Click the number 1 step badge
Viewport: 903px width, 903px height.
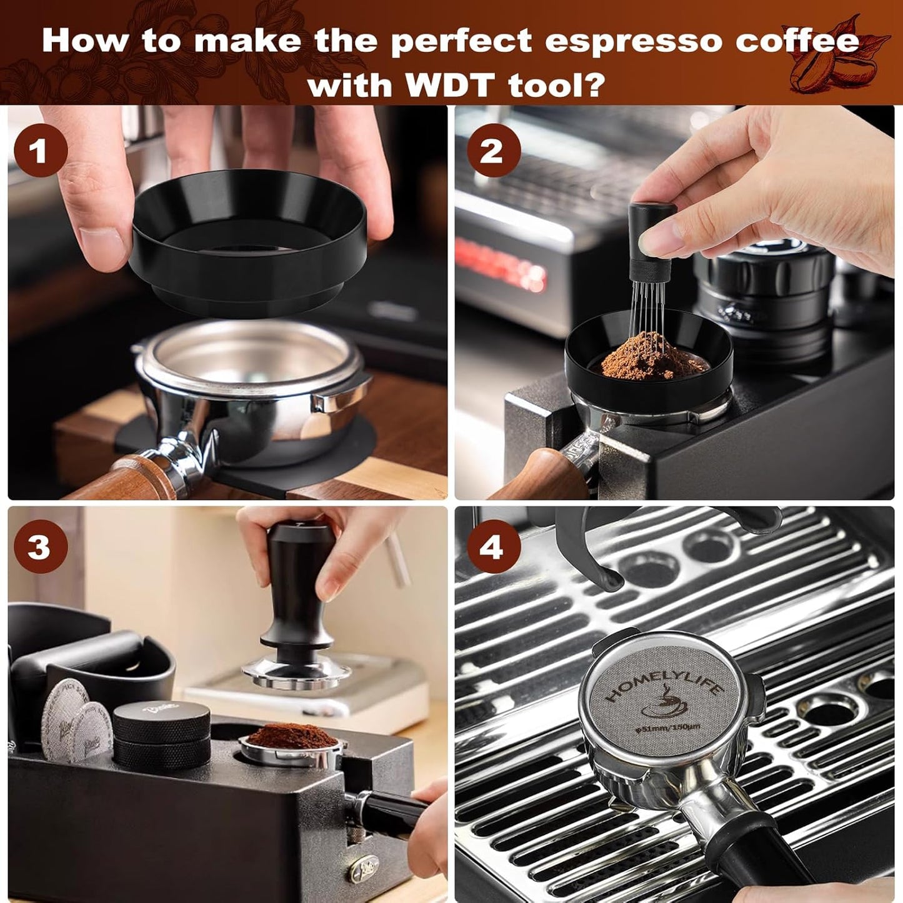point(41,151)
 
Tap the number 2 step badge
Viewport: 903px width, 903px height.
point(492,151)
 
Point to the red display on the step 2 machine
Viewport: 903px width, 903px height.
point(500,262)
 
